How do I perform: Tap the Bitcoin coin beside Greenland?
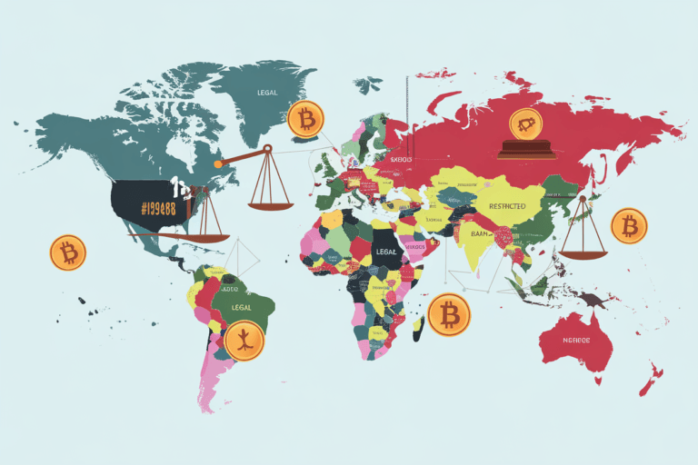[x=304, y=120]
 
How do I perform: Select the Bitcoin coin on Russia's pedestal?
[x=524, y=123]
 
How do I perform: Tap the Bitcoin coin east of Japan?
[x=628, y=225]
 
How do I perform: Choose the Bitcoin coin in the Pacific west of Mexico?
[x=67, y=252]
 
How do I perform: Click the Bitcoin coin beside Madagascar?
[x=449, y=314]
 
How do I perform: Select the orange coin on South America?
[x=244, y=341]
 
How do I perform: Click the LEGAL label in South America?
[x=242, y=307]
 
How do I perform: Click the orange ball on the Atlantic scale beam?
[x=218, y=164]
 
